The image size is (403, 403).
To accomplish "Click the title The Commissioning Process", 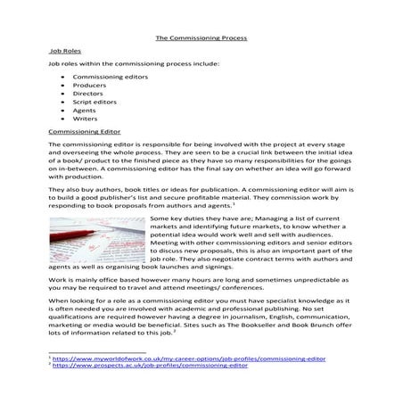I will pos(201,39).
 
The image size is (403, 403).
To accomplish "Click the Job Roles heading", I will pos(63,53).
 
